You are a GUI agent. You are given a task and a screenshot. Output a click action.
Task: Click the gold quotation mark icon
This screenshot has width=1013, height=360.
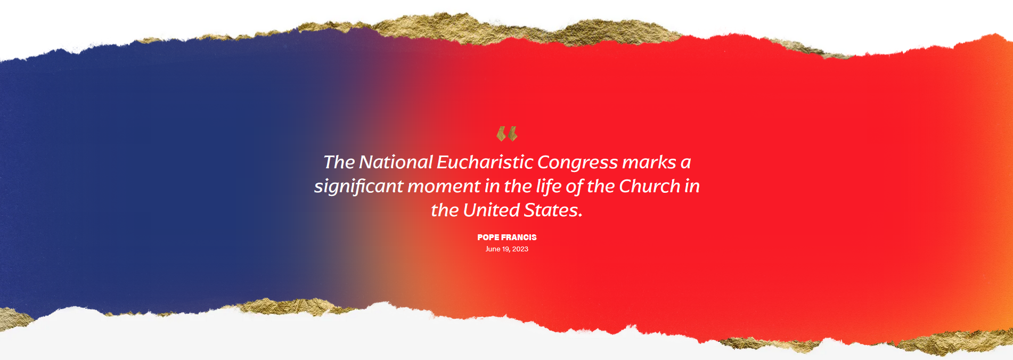[x=507, y=134]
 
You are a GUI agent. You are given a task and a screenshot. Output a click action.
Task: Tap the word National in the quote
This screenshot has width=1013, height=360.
[x=396, y=162]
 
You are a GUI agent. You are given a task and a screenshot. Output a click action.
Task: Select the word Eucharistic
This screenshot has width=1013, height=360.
[x=485, y=162]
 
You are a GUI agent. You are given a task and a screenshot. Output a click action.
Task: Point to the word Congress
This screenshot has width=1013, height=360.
[x=577, y=163]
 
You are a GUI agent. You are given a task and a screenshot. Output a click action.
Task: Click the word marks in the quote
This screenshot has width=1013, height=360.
[x=649, y=162]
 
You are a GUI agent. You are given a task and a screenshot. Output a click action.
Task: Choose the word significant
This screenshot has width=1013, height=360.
[x=358, y=187]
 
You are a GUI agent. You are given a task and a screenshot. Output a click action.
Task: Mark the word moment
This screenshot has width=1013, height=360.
[x=444, y=187]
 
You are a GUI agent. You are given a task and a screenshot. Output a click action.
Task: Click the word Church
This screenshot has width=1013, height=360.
[x=650, y=186]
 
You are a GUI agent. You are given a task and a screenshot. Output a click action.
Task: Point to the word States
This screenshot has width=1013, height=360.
[x=553, y=210]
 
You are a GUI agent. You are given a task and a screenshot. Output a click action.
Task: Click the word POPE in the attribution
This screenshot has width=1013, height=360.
[x=488, y=238]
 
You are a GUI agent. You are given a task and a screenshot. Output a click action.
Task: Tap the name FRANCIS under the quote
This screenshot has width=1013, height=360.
[x=519, y=238]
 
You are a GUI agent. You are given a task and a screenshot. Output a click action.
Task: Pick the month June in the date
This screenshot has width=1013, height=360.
[x=493, y=249]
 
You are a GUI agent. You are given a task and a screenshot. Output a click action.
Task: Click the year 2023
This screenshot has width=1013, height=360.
[x=520, y=249]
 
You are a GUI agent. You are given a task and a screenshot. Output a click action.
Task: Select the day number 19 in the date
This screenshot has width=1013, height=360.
[x=506, y=249]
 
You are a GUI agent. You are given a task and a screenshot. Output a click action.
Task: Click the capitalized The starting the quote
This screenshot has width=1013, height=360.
[x=339, y=162]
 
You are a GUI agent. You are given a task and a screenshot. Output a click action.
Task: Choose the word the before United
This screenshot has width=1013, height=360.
[x=445, y=210]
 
